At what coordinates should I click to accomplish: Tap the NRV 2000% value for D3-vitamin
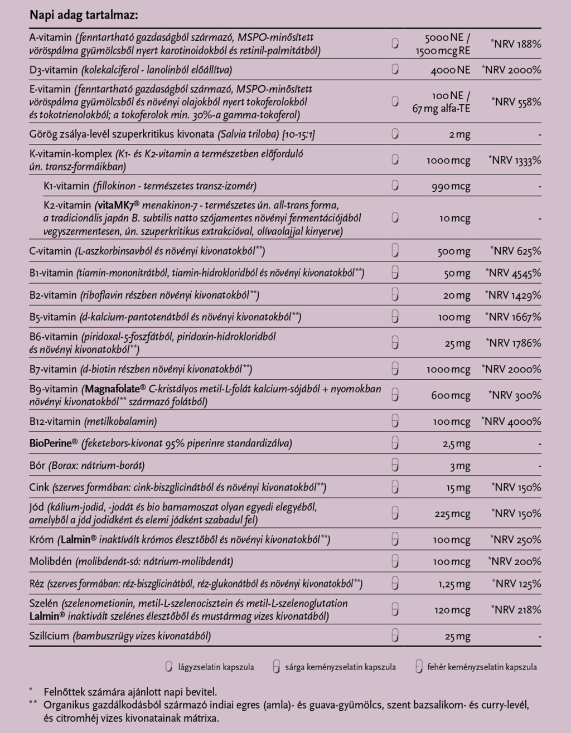click(512, 70)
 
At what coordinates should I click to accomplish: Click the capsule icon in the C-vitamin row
click(395, 251)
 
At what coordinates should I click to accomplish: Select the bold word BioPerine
click(52, 444)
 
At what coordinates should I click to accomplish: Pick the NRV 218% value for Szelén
click(516, 610)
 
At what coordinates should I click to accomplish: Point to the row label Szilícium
click(50, 636)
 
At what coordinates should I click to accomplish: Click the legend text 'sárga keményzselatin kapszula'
click(340, 667)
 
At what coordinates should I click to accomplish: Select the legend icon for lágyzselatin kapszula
click(168, 667)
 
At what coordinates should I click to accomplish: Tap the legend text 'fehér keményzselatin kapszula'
click(482, 667)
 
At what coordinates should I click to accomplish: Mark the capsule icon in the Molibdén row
click(395, 561)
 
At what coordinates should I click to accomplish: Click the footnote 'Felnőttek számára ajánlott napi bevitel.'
click(130, 692)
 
